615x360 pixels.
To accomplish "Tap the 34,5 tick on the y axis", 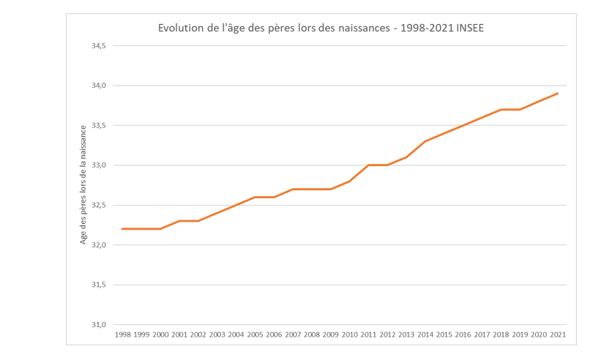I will (x=98, y=46).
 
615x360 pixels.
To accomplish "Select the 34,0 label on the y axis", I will (x=98, y=86).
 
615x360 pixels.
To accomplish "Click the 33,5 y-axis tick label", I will (x=98, y=126).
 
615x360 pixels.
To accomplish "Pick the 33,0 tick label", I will (x=98, y=165).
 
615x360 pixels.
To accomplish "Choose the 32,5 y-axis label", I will (x=98, y=206).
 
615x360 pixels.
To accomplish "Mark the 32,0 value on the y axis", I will (x=98, y=245).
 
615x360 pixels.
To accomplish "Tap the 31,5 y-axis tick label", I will (x=98, y=285).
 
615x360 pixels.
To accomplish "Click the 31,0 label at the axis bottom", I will (x=98, y=325).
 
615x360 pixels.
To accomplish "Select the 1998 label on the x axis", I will (x=122, y=334).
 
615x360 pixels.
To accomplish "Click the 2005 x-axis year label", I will (x=255, y=334).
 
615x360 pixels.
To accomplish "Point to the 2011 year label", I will (x=368, y=334).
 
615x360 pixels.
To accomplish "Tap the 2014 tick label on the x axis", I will (x=425, y=334).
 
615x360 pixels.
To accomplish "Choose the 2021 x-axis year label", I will (x=558, y=334).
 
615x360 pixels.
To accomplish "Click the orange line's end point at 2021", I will (x=558, y=94).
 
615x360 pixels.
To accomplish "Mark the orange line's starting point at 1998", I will (x=122, y=229).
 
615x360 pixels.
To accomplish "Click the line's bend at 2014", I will (x=425, y=141).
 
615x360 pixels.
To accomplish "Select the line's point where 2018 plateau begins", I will (x=501, y=110).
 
